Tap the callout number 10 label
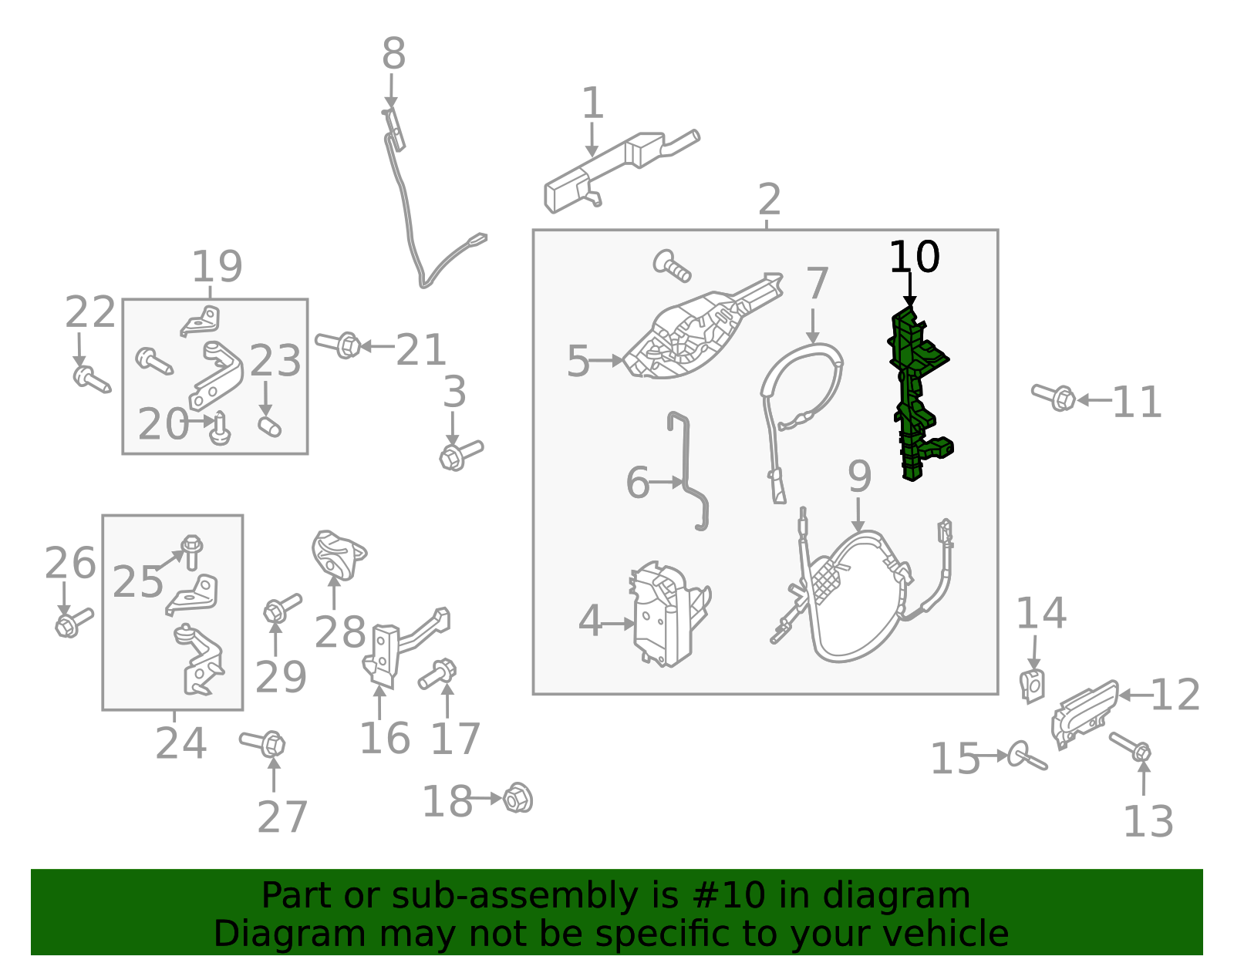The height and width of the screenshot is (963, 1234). tap(914, 257)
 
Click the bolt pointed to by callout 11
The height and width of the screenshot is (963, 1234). tap(1053, 396)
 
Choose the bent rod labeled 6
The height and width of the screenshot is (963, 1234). tap(688, 471)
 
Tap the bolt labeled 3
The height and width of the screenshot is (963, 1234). tap(460, 455)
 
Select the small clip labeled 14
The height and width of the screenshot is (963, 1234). tap(1033, 686)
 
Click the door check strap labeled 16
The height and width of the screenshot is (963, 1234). tap(400, 648)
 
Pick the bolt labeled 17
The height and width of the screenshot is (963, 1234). tap(437, 673)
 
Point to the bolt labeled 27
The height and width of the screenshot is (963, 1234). tap(262, 742)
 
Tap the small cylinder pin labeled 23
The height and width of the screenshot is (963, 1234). tap(269, 426)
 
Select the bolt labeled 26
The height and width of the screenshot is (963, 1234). tap(74, 622)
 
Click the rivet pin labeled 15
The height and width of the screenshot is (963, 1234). tap(1027, 756)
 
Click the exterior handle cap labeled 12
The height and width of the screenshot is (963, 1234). tap(1084, 715)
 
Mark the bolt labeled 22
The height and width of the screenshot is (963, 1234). tap(92, 379)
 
